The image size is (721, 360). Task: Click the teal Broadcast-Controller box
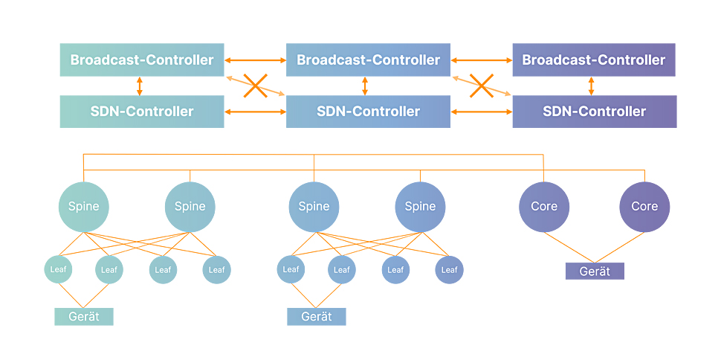142,60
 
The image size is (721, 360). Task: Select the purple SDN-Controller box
595,112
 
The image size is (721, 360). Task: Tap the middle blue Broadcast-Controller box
369,60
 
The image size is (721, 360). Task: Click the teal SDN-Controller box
142,112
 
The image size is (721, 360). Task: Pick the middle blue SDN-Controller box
369,112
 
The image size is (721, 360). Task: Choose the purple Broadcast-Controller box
594,60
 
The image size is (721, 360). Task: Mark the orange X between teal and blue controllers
255,86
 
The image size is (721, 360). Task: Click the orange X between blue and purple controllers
482,86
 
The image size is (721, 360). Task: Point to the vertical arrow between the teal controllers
140,86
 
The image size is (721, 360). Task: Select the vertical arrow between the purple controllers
592,86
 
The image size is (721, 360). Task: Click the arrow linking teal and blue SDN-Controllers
255,112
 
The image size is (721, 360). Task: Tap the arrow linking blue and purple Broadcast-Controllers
482,60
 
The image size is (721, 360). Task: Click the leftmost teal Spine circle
84,207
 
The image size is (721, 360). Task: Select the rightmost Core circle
644,207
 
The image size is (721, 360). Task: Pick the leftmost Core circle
544,207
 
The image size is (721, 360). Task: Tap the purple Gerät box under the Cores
595,271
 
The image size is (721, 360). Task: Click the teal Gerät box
84,317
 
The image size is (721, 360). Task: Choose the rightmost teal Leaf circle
216,270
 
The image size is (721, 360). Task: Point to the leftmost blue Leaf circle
291,269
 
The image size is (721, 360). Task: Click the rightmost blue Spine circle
420,207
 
